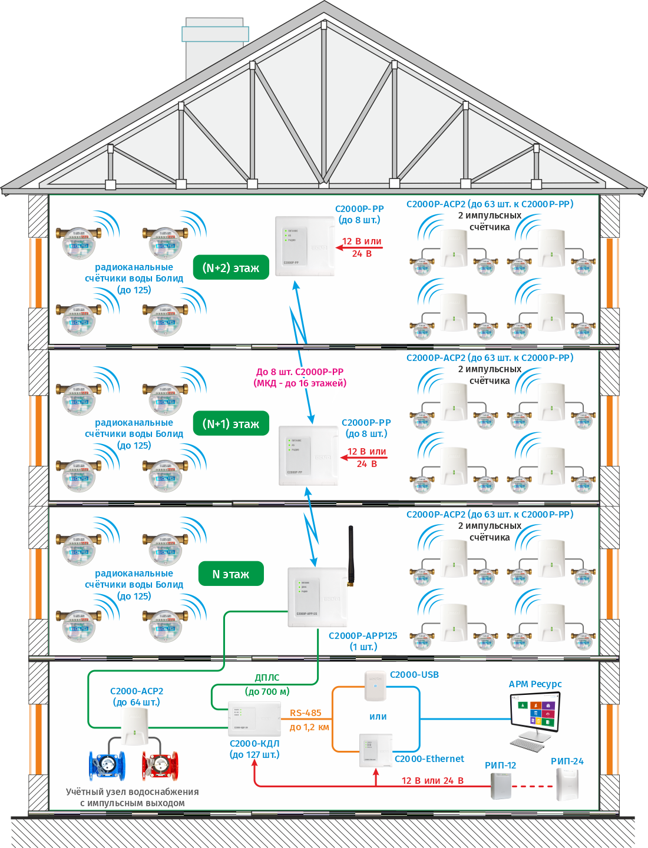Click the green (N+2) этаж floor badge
(231, 268)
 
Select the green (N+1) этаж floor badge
(231, 424)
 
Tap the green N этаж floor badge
(231, 574)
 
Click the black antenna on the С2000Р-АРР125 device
(351, 554)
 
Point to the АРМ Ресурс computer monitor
(535, 711)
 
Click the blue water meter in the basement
(107, 764)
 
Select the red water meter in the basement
(160, 764)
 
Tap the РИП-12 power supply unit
(501, 785)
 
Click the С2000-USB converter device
(375, 686)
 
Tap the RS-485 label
(306, 713)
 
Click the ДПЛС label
(267, 678)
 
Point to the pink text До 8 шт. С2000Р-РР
(300, 372)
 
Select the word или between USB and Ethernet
(378, 717)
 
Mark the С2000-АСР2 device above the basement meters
(135, 726)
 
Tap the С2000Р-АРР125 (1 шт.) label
(363, 641)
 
